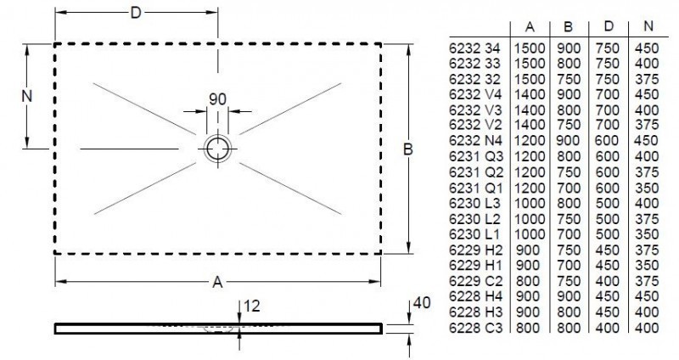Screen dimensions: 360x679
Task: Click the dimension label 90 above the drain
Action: (218, 98)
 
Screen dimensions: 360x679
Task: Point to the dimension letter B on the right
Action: (407, 149)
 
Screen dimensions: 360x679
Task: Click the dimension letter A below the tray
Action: (217, 281)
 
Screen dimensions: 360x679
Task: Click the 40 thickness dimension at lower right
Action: (415, 303)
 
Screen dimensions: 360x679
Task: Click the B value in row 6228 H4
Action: (568, 296)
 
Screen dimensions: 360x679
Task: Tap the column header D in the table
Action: (608, 25)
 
